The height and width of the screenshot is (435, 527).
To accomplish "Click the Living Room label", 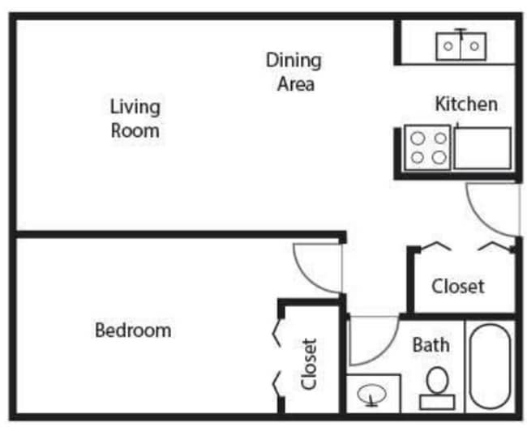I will [135, 118].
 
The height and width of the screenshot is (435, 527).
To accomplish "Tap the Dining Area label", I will [294, 71].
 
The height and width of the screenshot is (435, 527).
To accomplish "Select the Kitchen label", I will [466, 104].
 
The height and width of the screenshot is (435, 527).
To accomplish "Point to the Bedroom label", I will [133, 331].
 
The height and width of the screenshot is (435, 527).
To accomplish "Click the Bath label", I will [431, 344].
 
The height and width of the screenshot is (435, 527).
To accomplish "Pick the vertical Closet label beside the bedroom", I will [309, 364].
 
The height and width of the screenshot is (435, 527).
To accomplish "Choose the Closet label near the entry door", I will [458, 286].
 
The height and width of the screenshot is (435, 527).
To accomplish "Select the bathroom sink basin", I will [372, 395].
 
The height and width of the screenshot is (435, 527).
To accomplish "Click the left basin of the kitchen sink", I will [448, 45].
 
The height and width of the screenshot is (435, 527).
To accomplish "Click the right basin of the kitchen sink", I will [473, 45].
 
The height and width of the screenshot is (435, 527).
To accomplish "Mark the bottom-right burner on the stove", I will [439, 158].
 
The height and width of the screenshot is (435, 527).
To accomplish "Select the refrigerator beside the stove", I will [482, 148].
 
